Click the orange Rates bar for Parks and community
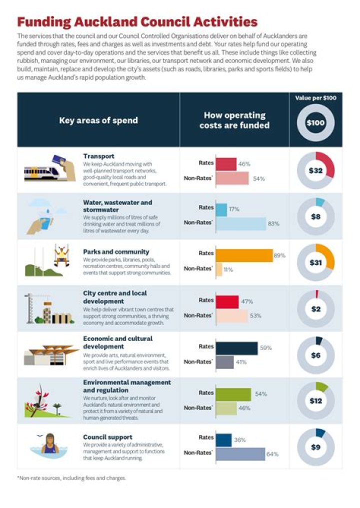244,255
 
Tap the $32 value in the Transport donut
315,170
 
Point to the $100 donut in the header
315,122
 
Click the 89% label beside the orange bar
279,255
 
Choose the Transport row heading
98,156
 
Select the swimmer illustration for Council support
50,444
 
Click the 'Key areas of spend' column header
98,120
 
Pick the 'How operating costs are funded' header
234,120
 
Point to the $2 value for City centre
315,309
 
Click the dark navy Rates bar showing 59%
236,348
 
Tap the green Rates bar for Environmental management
233,394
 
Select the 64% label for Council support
272,454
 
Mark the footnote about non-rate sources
71,478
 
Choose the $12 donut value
315,401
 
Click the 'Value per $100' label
315,98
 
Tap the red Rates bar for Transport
226,164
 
